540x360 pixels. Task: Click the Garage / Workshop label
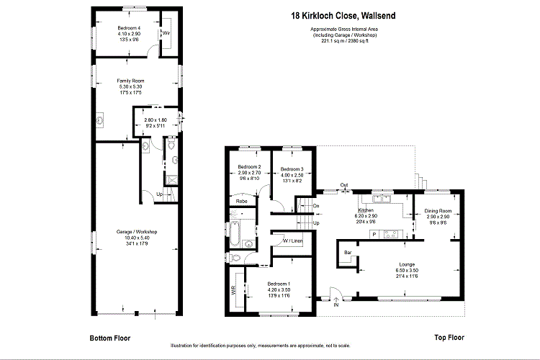coord(137,232)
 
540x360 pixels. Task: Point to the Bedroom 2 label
coord(248,168)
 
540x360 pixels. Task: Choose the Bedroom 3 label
coord(292,168)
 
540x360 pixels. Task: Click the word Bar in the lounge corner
coord(348,253)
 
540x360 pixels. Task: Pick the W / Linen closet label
coord(292,240)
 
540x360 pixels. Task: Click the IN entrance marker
coord(336,305)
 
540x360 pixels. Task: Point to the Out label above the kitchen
coord(344,186)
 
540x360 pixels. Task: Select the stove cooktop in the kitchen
coord(393,233)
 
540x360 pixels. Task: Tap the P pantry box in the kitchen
coord(374,233)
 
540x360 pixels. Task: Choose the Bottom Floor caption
coord(110,338)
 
